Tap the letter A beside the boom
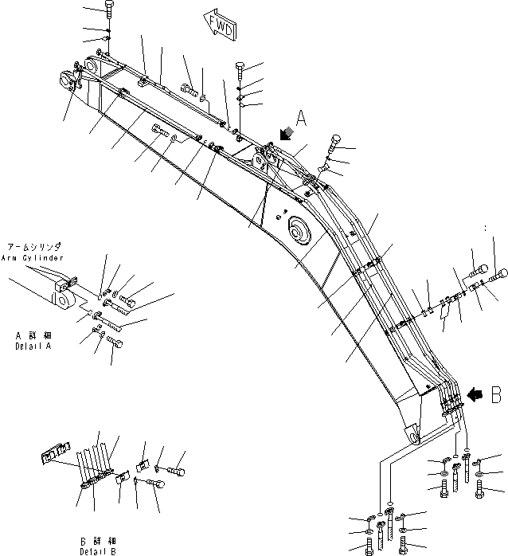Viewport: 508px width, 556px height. coord(302,119)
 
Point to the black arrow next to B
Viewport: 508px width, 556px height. coord(474,393)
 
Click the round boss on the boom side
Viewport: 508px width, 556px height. coord(300,229)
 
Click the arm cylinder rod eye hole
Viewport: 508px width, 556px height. coord(58,300)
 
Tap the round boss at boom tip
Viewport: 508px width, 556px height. coord(64,80)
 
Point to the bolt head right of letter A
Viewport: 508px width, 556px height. coord(333,145)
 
